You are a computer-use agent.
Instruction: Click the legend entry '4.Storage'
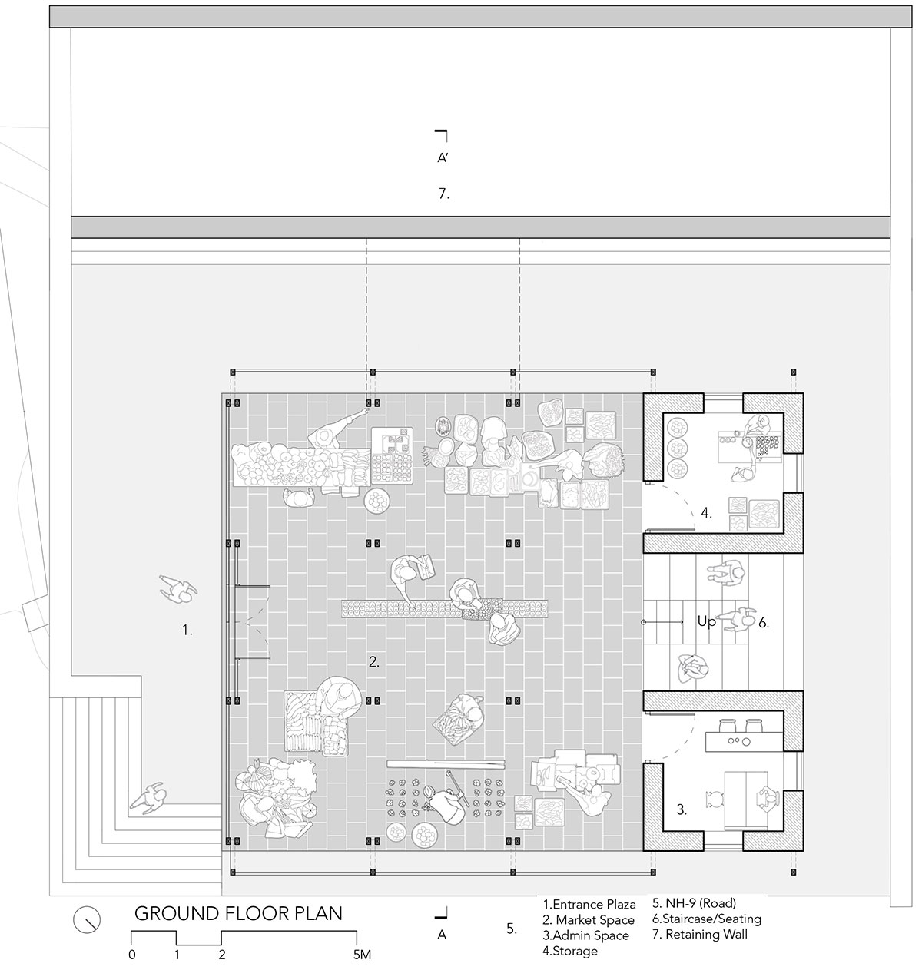coord(570,951)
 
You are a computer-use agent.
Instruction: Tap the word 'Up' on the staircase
coord(706,621)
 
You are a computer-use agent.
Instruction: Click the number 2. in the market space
coord(374,662)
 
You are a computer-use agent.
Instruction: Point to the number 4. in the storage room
coord(706,513)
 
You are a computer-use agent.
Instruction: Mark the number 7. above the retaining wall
coord(444,194)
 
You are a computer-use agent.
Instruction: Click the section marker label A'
coord(443,158)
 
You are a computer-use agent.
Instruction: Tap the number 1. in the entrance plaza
coord(187,630)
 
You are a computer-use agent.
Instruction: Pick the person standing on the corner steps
coord(148,798)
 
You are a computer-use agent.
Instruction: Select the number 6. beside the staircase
coord(764,623)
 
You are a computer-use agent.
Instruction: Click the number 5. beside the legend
coord(512,929)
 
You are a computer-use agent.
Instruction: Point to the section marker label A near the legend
coord(442,935)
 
